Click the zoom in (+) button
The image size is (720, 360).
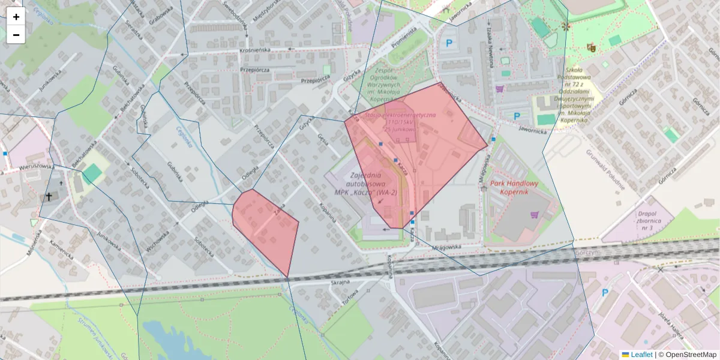(16, 17)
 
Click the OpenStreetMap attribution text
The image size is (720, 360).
(687, 355)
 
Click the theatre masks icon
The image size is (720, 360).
(591, 46)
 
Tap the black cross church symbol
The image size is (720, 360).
(49, 196)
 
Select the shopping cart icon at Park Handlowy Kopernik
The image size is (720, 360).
(534, 214)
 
